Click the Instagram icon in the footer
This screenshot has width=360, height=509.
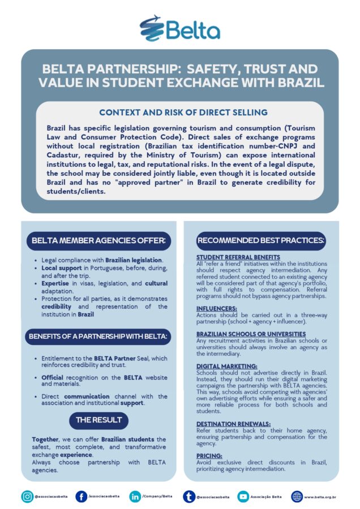click(x=27, y=497)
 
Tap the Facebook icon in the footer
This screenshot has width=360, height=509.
click(x=82, y=497)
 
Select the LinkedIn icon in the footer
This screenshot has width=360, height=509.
click(x=135, y=497)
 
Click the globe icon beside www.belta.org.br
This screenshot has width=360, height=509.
click(x=297, y=497)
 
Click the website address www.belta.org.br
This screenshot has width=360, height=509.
click(x=320, y=497)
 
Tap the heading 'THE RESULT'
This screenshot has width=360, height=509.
click(x=98, y=420)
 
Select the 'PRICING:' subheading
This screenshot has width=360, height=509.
click(x=209, y=455)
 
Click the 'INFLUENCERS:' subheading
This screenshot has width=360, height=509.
click(x=217, y=308)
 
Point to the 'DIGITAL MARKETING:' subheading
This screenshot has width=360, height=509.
click(x=226, y=366)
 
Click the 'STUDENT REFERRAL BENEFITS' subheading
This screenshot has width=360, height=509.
click(x=238, y=257)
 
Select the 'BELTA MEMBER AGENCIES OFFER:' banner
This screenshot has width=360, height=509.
click(x=98, y=240)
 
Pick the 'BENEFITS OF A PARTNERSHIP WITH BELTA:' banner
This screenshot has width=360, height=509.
click(x=98, y=337)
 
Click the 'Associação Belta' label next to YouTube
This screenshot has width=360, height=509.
click(x=266, y=497)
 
